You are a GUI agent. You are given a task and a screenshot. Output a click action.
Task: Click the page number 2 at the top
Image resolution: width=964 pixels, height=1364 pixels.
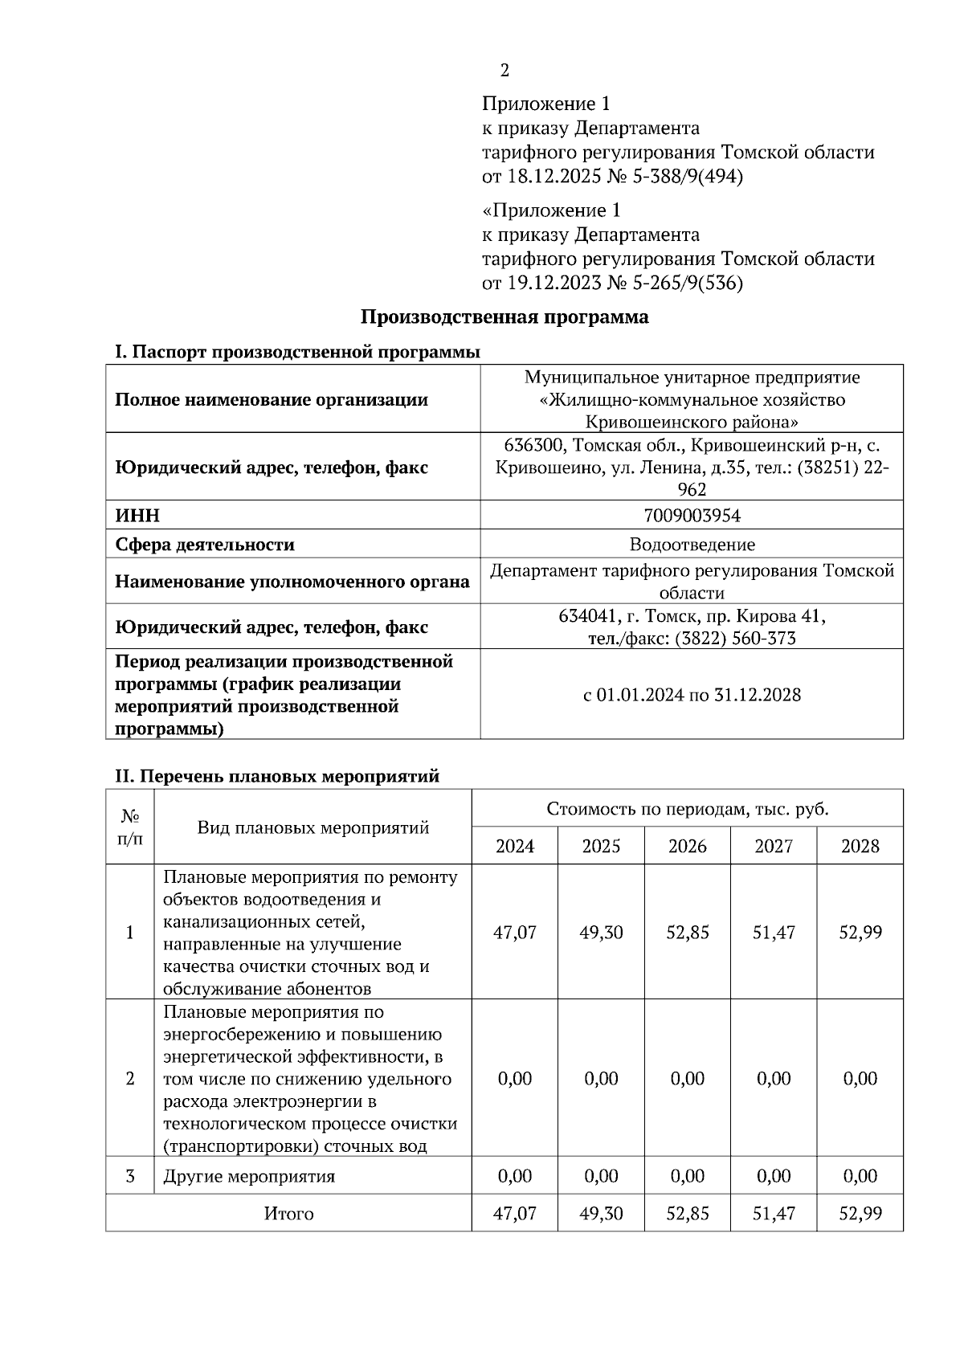(504, 71)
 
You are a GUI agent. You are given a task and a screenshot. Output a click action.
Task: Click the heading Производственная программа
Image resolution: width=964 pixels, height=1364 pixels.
(504, 317)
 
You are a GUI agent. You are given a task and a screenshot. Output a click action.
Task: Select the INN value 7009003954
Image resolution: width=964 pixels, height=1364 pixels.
(692, 515)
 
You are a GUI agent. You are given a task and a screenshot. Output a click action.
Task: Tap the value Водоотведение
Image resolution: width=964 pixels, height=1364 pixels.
(692, 545)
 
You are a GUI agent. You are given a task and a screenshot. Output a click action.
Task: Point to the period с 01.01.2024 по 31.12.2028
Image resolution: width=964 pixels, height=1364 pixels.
(692, 695)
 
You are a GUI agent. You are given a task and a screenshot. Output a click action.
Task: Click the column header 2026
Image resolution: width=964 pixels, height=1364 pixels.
(688, 846)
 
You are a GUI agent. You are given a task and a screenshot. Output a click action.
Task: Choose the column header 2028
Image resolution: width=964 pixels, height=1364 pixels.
(860, 846)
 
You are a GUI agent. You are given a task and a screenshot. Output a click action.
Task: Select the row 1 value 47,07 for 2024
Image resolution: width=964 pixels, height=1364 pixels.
(514, 933)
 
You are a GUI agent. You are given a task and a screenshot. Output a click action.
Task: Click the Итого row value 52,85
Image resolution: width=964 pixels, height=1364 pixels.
(688, 1214)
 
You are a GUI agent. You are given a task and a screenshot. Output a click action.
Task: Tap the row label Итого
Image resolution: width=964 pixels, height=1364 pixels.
(288, 1214)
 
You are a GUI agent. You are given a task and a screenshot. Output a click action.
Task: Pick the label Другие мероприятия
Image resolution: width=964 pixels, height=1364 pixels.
(249, 1177)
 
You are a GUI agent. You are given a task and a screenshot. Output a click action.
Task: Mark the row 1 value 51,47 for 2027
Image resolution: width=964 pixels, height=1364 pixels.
(774, 933)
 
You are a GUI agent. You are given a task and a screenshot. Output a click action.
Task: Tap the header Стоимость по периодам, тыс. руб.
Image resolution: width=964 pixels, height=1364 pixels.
(688, 809)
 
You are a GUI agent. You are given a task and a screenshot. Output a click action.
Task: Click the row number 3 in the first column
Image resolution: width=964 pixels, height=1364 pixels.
(130, 1177)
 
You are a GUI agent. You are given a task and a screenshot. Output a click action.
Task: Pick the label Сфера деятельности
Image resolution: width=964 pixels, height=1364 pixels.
(205, 545)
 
